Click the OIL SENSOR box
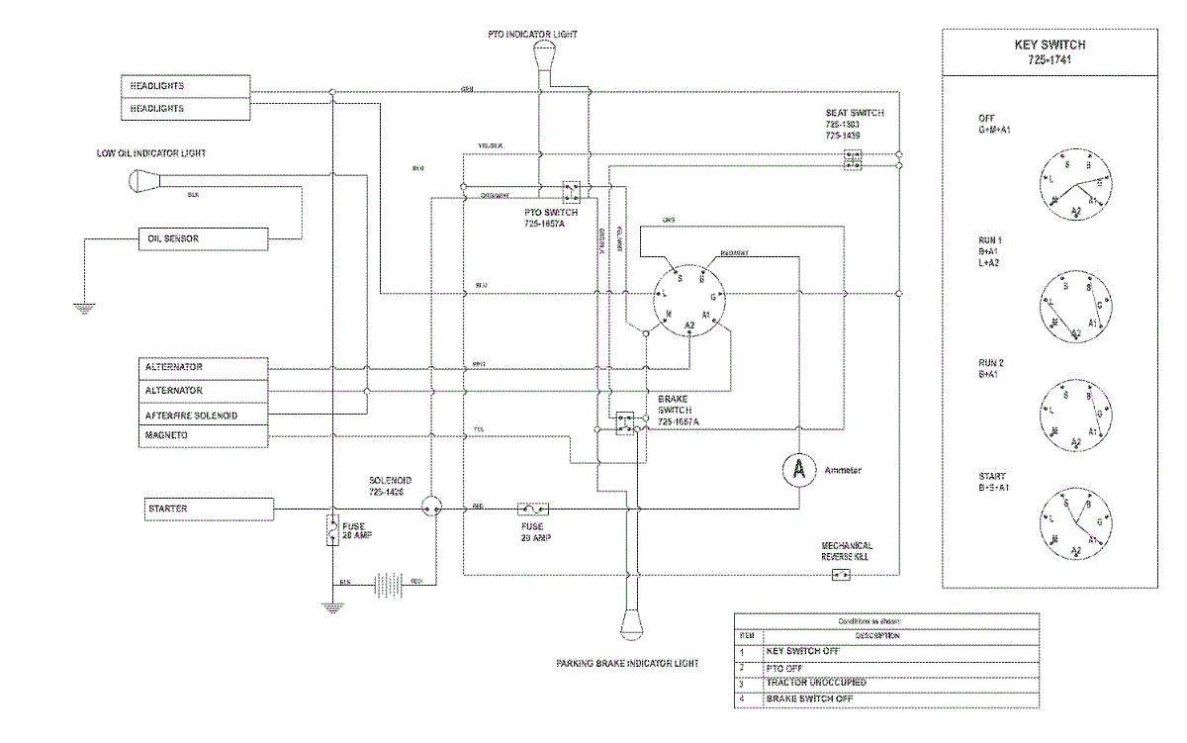[x=202, y=238]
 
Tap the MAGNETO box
[x=202, y=435]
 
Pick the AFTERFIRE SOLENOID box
[x=202, y=416]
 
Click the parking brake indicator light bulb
[x=631, y=624]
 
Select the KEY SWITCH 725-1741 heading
[x=1050, y=52]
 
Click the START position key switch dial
[x=1074, y=522]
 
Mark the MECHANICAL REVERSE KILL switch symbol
[x=841, y=575]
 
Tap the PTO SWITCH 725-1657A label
[x=551, y=219]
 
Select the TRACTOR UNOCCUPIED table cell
[x=816, y=683]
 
